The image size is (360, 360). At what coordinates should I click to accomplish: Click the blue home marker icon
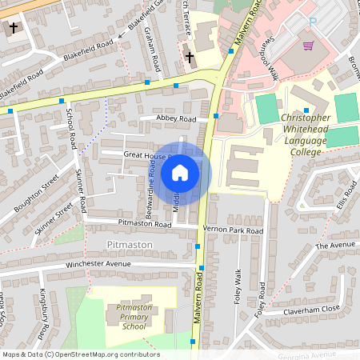point(180,172)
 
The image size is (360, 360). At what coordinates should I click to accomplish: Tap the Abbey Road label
point(177,119)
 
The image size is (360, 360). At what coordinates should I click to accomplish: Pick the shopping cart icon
point(308,45)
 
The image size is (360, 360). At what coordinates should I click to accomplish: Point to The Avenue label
point(334,245)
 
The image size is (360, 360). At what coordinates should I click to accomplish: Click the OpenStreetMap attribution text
point(81,354)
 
